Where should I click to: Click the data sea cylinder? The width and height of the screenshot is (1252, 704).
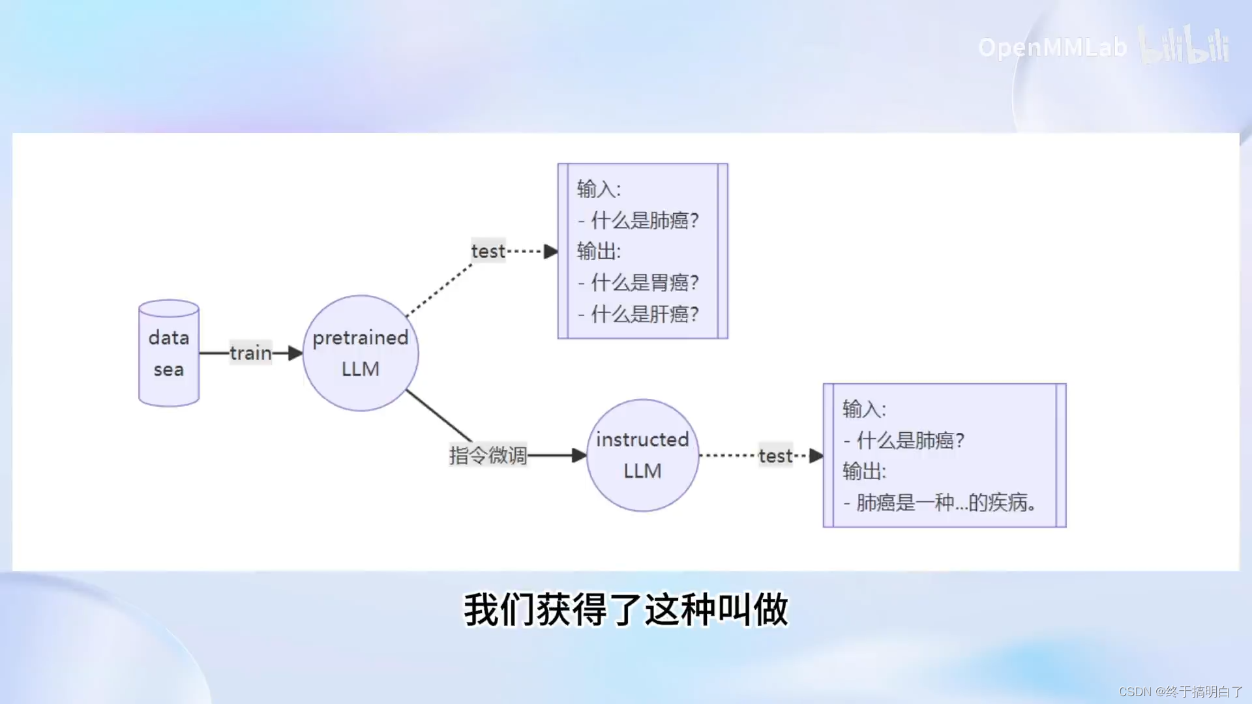[169, 353]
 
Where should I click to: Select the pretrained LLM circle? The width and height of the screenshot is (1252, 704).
[361, 353]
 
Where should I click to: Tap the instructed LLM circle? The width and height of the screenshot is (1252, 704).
[642, 455]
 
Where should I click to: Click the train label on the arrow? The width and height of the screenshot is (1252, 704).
[250, 353]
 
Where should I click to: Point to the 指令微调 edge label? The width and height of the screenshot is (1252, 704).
[488, 455]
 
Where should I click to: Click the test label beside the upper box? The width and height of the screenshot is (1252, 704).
[488, 251]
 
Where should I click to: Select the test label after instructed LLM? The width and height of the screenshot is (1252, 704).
[775, 456]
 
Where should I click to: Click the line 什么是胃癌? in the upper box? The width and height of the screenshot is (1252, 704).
[644, 282]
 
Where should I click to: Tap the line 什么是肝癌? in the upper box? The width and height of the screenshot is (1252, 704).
[644, 314]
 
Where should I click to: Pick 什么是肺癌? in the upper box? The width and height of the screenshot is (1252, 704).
[644, 220]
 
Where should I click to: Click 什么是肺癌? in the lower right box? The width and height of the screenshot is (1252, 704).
[910, 441]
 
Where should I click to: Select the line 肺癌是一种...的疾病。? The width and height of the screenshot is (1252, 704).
[946, 503]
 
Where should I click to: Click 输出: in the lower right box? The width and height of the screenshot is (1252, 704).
[864, 471]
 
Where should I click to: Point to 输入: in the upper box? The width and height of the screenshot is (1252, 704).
[599, 189]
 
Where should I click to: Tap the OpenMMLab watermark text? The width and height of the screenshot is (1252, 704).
[1052, 48]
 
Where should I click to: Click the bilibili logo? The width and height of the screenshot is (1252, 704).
[1184, 45]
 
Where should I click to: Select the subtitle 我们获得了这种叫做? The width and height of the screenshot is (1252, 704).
[626, 610]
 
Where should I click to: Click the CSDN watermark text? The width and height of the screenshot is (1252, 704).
[1180, 692]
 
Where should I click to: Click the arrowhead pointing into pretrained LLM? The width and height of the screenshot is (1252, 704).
[295, 353]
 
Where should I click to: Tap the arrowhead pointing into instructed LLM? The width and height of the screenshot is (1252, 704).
[579, 456]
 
